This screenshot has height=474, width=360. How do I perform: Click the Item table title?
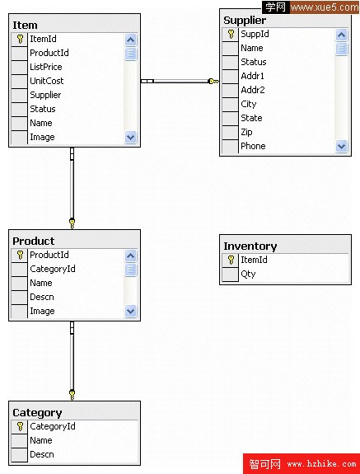point(25,25)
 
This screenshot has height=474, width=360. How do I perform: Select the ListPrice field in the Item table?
point(46,67)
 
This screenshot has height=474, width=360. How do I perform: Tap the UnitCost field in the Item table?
point(47,81)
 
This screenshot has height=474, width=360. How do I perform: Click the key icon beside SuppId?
point(231,34)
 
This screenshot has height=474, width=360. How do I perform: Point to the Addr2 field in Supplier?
point(253,90)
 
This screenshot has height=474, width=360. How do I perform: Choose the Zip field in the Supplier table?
point(246,132)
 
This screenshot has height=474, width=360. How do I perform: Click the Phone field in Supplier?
point(253,146)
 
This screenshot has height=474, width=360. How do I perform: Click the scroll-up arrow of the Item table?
point(130,40)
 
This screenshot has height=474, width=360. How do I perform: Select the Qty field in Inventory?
point(248,274)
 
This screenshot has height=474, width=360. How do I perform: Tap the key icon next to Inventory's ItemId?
point(231,260)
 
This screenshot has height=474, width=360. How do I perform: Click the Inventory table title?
point(250,246)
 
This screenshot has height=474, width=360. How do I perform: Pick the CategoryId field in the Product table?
point(53,269)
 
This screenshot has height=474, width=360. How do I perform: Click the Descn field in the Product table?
point(42,297)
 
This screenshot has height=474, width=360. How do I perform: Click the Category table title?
point(37,413)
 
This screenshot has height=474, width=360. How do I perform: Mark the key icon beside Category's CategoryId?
point(21,426)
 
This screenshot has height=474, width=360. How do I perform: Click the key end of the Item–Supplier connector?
point(213,81)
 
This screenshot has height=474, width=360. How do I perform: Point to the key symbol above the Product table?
point(72,223)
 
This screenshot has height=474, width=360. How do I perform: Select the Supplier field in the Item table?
point(45,95)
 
